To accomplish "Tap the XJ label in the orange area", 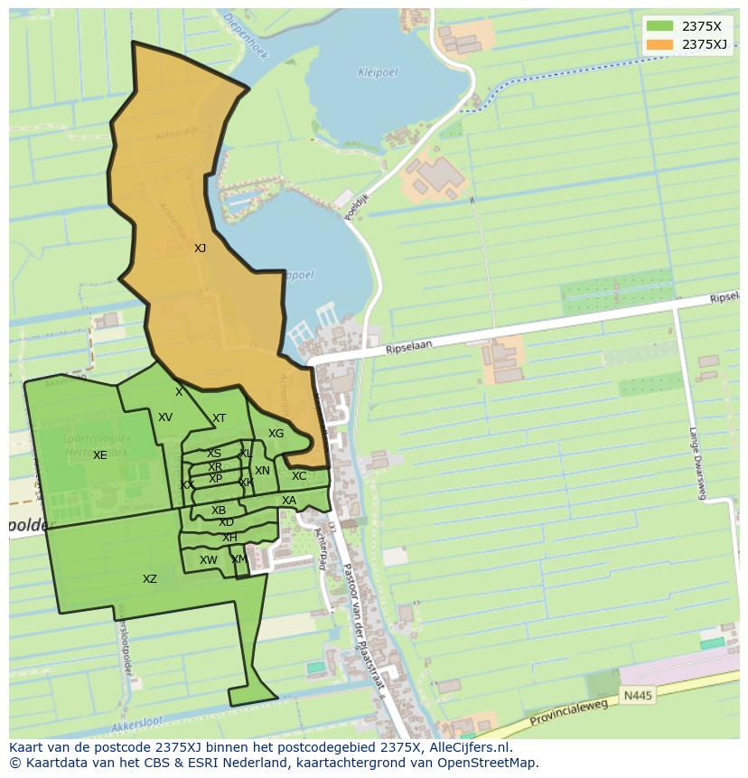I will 200,248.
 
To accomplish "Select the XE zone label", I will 99,455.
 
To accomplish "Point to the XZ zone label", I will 150,579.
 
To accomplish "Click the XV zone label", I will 165,417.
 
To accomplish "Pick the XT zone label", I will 219,418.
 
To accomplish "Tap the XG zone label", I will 276,434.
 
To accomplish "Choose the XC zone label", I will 299,476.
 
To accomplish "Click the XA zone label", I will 289,501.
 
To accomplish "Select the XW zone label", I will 209,560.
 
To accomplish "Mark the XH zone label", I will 229,538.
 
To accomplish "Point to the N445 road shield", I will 637,696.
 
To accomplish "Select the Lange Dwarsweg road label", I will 697,462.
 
